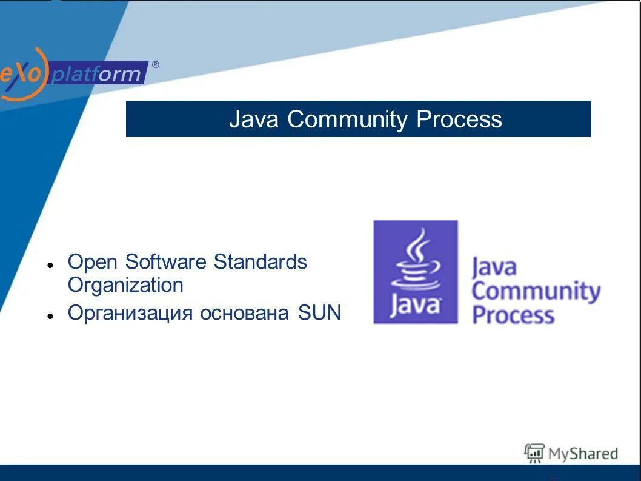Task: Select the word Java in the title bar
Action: point(253,119)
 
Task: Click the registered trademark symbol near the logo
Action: point(156,65)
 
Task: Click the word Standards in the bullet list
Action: point(260,263)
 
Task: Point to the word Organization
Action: point(125,285)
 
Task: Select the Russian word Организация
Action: point(130,313)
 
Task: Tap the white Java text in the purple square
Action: point(415,304)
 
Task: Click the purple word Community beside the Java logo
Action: point(536,292)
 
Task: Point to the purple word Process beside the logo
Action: point(513,315)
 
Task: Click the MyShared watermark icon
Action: point(534,452)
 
